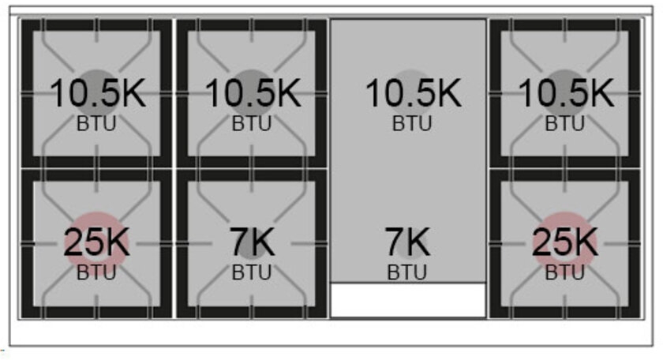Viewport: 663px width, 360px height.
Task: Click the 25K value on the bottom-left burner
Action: (97, 243)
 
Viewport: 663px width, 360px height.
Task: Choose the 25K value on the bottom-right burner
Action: (565, 243)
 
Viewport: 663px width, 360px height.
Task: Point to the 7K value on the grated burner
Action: (253, 243)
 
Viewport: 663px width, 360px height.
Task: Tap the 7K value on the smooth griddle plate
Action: (407, 243)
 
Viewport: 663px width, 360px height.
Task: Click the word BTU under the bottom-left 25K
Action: (97, 273)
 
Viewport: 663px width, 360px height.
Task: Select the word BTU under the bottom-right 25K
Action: (565, 273)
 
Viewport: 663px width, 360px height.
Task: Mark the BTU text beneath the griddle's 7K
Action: (407, 273)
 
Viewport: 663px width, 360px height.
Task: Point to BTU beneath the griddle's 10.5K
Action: (412, 124)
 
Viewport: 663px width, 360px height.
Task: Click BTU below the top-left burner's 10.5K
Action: (97, 124)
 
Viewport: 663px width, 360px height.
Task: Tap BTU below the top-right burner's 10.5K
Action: (565, 124)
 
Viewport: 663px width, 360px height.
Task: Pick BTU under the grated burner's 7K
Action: (252, 273)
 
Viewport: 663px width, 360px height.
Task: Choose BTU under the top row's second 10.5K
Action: (252, 124)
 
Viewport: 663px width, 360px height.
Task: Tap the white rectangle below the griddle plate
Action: (407, 300)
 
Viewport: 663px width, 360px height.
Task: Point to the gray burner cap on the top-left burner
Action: (96, 77)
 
